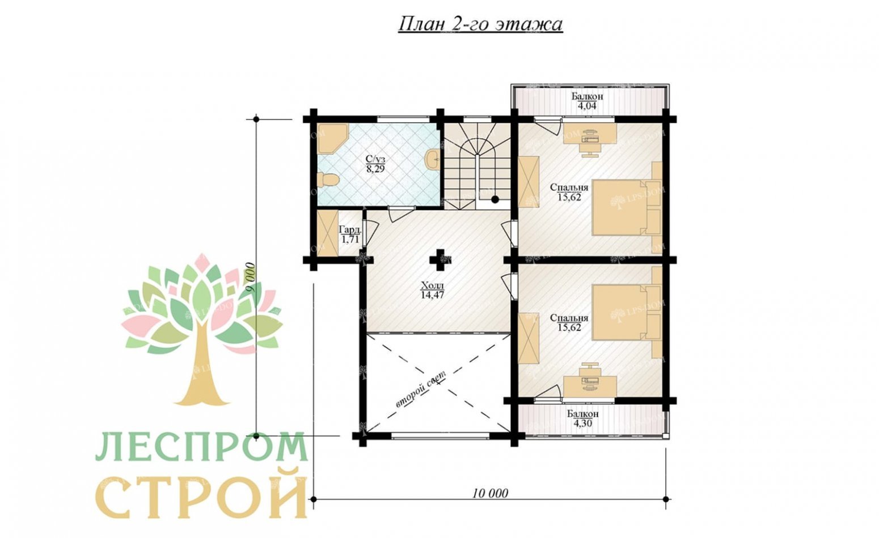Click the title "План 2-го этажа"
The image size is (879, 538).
tap(480, 24)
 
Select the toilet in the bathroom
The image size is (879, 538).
tap(327, 180)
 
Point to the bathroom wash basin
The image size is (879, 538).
tap(432, 159)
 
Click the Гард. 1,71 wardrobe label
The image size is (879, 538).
tap(349, 234)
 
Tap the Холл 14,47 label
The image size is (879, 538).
tap(432, 290)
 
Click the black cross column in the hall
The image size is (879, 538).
tap(440, 259)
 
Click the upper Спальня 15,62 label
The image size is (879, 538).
tap(569, 192)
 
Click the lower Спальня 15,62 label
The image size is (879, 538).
tap(569, 323)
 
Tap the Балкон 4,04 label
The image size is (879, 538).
tap(587, 101)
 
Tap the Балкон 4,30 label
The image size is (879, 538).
tap(582, 418)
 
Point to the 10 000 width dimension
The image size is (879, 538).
tap(490, 493)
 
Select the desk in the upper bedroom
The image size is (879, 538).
tap(590, 134)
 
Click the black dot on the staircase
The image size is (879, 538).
tap(495, 199)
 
